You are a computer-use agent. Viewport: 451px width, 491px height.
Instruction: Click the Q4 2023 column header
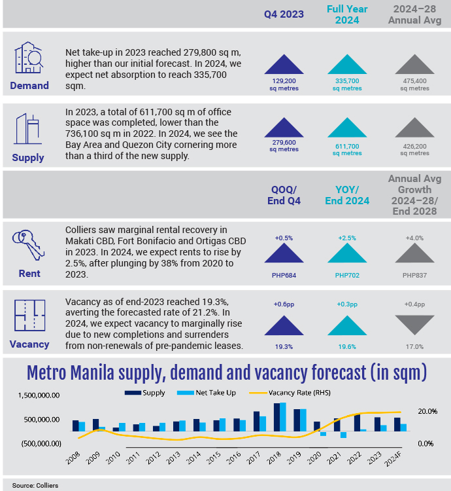284,14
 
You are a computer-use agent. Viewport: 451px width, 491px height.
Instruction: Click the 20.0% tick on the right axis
427,411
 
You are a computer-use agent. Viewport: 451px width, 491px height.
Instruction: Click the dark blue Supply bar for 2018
277,417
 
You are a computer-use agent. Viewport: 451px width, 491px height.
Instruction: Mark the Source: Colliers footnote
33,485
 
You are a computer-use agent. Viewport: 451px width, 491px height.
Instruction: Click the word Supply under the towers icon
28,157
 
